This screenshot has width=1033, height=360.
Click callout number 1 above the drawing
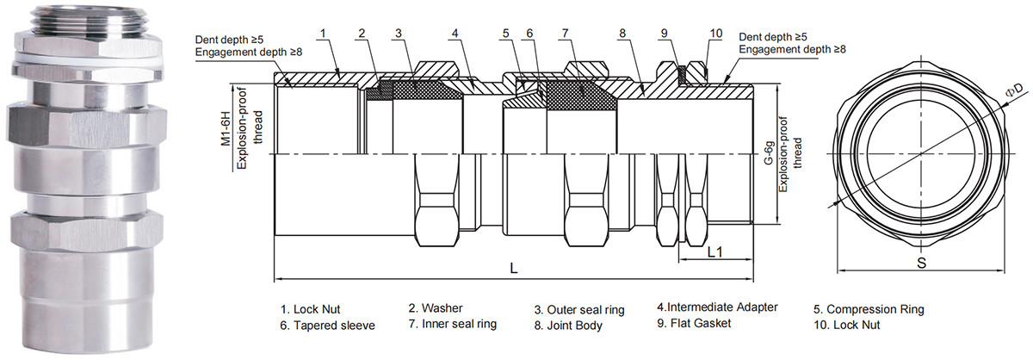[321, 34]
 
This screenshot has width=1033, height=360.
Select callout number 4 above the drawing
[454, 34]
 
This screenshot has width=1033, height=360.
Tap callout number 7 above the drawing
[564, 34]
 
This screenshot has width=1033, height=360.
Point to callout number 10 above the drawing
[716, 34]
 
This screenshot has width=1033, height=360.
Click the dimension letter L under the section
[514, 268]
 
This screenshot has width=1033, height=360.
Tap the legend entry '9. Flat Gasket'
[694, 324]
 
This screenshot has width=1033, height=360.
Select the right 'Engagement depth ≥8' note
[792, 50]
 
